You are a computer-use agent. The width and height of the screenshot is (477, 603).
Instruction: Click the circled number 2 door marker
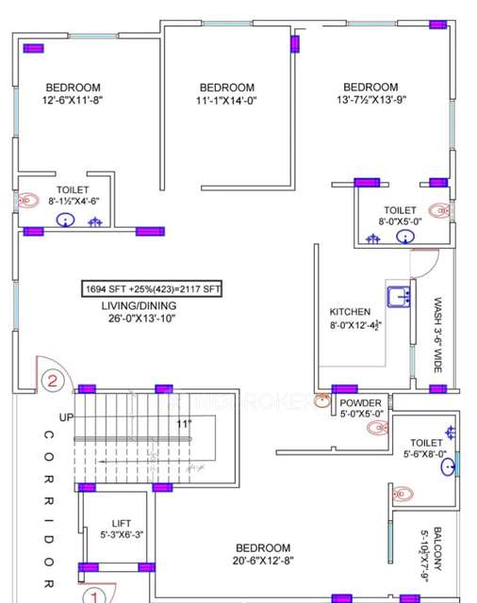point(54,382)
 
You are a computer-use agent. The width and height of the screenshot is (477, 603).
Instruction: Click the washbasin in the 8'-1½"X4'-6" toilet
point(64,221)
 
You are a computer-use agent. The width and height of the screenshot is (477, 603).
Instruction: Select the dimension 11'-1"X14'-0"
point(226,100)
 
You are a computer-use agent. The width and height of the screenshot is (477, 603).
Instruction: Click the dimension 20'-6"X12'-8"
point(263,561)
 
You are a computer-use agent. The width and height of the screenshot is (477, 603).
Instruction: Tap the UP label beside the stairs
point(65,416)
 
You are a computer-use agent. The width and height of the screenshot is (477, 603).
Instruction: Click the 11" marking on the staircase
point(182,425)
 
